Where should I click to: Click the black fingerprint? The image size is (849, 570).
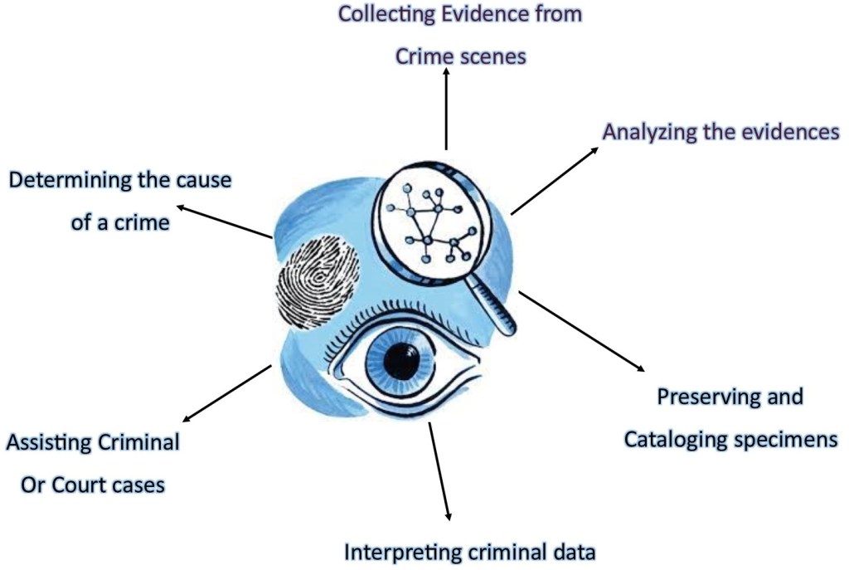click(x=317, y=282)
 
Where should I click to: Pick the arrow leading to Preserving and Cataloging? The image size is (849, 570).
click(x=580, y=331)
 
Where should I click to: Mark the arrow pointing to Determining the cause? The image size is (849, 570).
click(x=224, y=222)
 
